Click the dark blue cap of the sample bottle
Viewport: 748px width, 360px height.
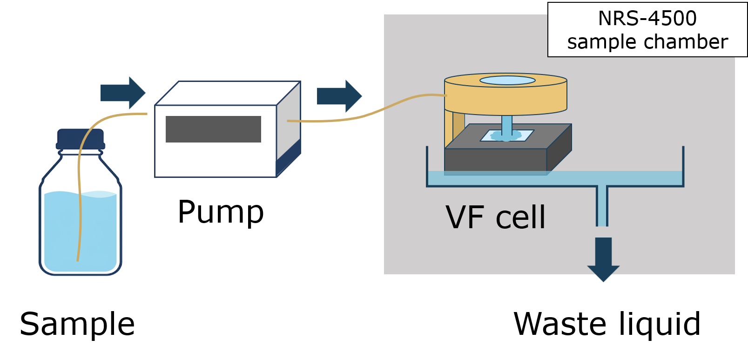coord(81,139)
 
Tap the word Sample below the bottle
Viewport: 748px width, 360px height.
coord(77,324)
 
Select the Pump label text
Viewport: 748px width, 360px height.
coord(221,212)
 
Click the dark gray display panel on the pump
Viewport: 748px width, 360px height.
coord(213,129)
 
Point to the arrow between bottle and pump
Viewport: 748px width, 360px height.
coord(123,93)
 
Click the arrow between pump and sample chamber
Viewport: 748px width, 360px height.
coord(339,96)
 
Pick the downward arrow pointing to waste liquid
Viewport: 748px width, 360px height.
coord(603,259)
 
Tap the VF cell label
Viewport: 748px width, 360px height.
coord(496,217)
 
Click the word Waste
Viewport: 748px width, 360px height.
coord(559,324)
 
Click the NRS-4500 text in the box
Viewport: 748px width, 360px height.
coord(647,18)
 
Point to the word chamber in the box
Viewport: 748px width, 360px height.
coord(686,42)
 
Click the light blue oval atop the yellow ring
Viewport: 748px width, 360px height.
coord(507,80)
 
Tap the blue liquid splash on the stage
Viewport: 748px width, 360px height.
coord(506,136)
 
